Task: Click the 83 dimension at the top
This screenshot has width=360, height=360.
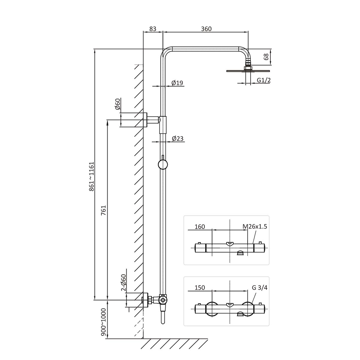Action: (x=153, y=29)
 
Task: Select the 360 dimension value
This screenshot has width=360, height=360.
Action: (x=206, y=29)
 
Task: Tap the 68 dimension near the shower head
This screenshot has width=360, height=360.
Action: (x=266, y=57)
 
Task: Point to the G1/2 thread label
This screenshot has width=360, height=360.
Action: (x=264, y=80)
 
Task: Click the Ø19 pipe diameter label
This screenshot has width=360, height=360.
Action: (x=177, y=83)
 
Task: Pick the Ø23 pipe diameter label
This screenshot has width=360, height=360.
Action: (x=178, y=139)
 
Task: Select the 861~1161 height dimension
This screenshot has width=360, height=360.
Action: (x=91, y=176)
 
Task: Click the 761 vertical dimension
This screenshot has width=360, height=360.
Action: (x=104, y=210)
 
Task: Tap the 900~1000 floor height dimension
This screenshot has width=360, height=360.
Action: (x=104, y=322)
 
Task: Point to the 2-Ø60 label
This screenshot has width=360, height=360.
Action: (x=123, y=283)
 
